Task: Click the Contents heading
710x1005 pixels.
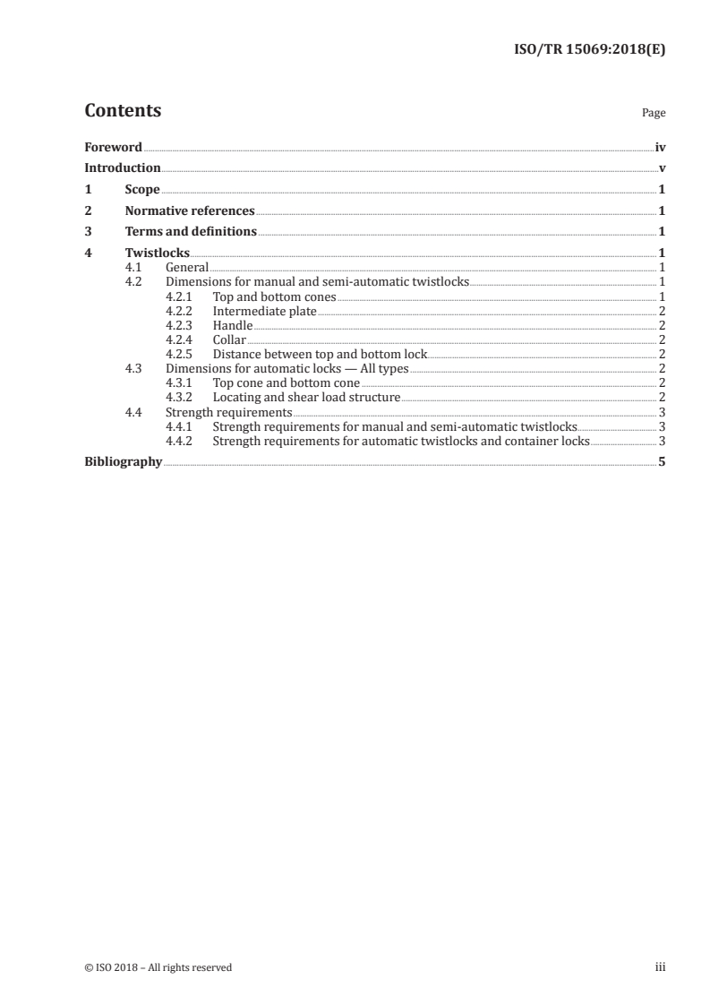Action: click(x=123, y=111)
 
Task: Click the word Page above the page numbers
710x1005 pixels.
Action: click(x=654, y=114)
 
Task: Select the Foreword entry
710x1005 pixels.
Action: click(x=113, y=147)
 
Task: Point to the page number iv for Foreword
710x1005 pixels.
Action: click(x=660, y=147)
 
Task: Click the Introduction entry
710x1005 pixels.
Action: click(x=123, y=167)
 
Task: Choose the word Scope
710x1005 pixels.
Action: click(x=142, y=189)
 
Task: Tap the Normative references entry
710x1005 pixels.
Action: click(x=190, y=210)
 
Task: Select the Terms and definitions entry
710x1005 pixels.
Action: click(x=191, y=232)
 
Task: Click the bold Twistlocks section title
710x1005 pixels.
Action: click(x=158, y=253)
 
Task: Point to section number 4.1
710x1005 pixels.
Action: click(x=133, y=267)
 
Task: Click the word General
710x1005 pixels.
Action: click(x=187, y=267)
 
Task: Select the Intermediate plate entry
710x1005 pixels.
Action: click(x=265, y=311)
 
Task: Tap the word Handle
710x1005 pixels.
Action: click(x=233, y=325)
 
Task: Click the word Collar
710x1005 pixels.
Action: click(x=229, y=339)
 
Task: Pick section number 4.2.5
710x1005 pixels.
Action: click(x=181, y=354)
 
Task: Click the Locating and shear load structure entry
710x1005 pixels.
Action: click(x=306, y=397)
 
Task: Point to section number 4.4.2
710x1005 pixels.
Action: click(x=181, y=441)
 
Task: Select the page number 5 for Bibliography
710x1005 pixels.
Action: click(x=662, y=462)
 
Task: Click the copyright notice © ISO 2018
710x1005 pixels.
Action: click(x=158, y=967)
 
